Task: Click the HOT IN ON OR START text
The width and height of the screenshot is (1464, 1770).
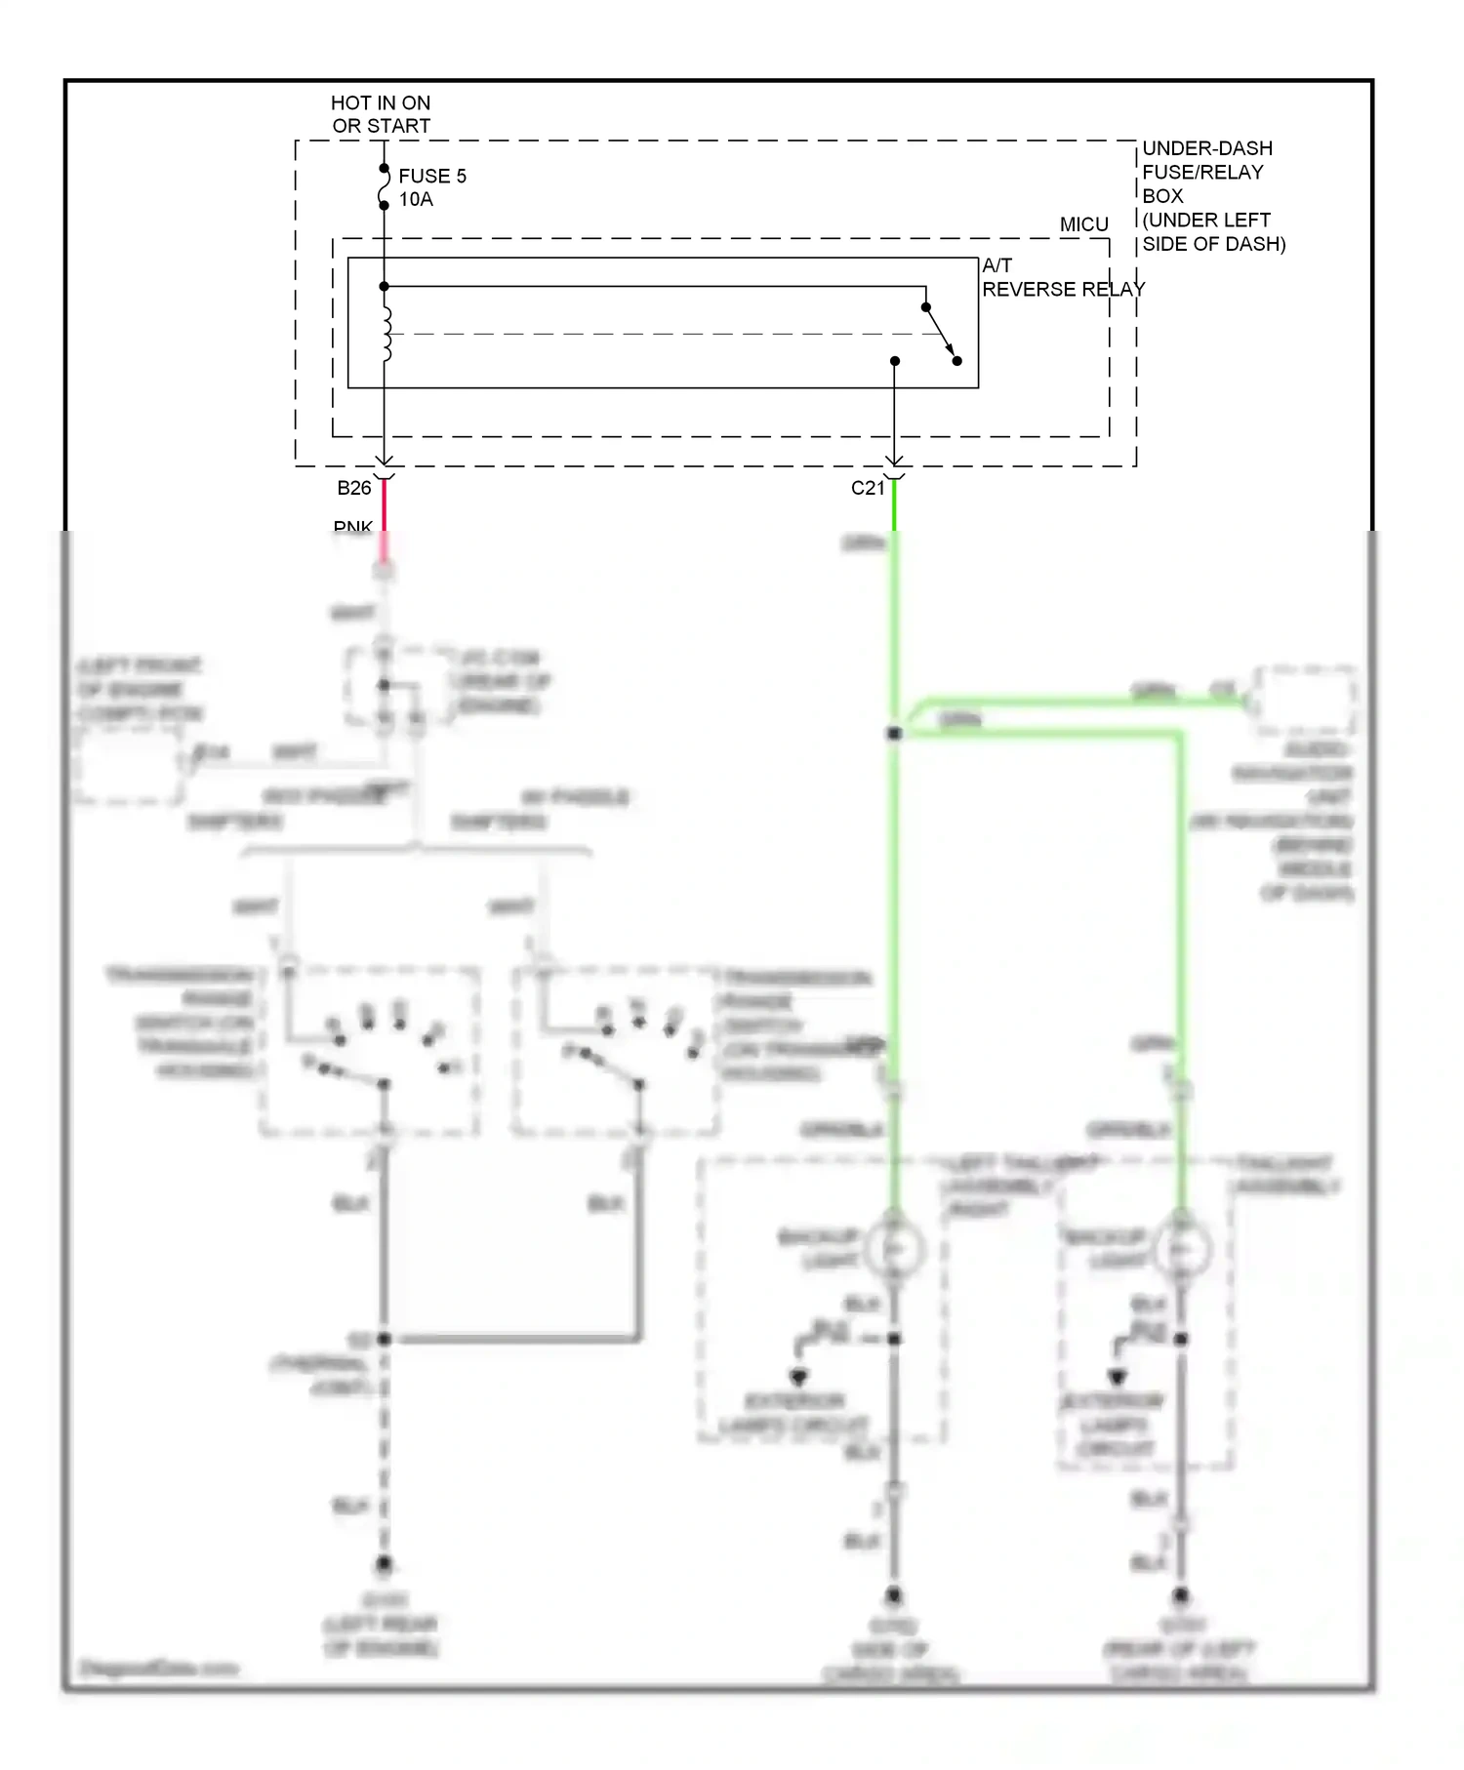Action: point(381,114)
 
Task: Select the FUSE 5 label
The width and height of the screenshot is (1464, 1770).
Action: point(432,176)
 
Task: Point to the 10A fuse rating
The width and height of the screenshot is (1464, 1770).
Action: point(416,199)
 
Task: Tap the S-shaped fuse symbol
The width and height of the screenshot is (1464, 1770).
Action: point(384,186)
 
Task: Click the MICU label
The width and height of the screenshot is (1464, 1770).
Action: point(1083,224)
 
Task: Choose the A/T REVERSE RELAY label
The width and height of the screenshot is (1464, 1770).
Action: point(1062,277)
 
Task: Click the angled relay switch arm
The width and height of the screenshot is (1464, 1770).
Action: point(941,334)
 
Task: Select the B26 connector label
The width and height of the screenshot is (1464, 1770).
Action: point(354,488)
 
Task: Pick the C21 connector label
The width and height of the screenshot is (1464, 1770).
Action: point(867,488)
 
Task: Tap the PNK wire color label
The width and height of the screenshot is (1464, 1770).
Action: point(352,527)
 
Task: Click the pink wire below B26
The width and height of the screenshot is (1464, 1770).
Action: point(384,517)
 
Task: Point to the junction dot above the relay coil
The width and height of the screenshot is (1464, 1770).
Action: point(384,286)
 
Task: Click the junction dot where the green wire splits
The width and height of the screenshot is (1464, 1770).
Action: point(894,733)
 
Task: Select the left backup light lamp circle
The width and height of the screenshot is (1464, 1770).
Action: point(894,1249)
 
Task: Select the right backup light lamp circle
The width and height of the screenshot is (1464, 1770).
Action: point(1181,1249)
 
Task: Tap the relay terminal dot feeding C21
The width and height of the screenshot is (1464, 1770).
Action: point(894,361)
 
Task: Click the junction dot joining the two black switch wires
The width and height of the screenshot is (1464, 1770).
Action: point(384,1339)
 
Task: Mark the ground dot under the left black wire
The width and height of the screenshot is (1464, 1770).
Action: point(384,1564)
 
